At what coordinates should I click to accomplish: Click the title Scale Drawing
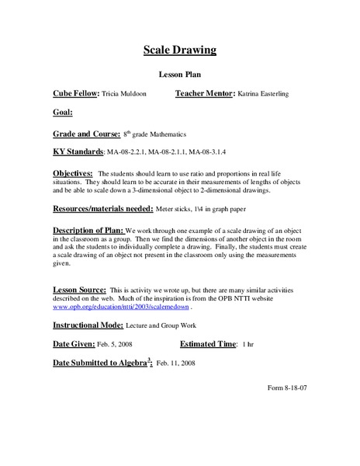[179, 51]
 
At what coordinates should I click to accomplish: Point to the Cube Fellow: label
[75, 93]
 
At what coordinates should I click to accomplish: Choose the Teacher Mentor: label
[203, 93]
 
